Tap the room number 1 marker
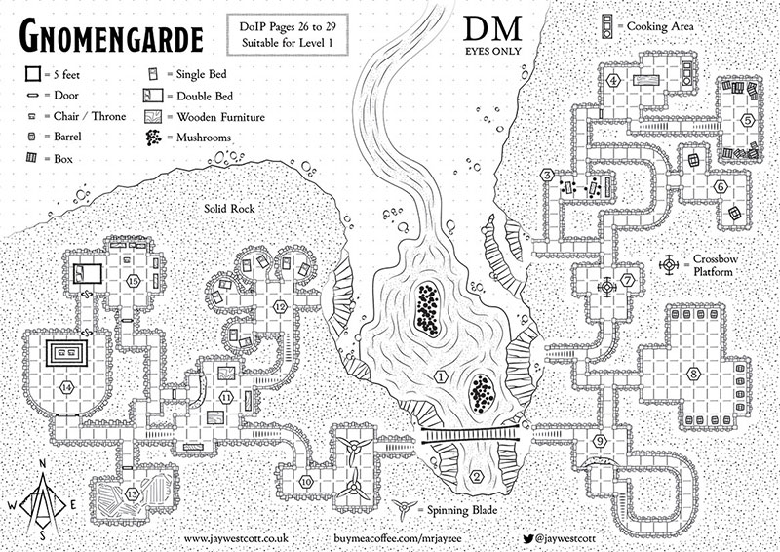[441, 375]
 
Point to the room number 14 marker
[66, 386]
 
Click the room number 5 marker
[747, 121]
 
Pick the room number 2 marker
[477, 476]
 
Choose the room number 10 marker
[306, 481]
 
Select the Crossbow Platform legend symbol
[671, 263]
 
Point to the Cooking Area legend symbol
[607, 26]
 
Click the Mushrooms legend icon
[155, 138]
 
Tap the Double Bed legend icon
[154, 96]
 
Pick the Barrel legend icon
[32, 138]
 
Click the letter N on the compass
[42, 463]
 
